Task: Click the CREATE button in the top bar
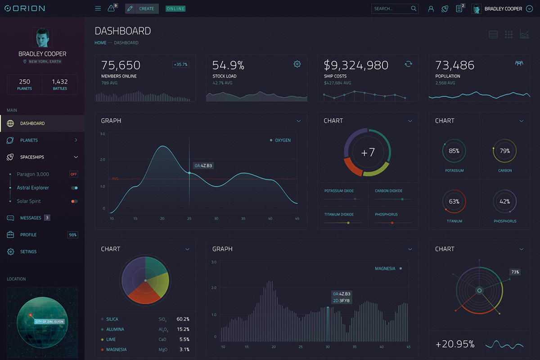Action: point(142,9)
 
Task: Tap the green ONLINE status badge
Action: point(175,9)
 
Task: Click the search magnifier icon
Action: point(414,9)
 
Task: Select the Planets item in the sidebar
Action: point(29,140)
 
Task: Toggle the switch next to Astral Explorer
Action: point(74,188)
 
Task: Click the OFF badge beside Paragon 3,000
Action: point(73,174)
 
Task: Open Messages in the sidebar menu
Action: point(31,218)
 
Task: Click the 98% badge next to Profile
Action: point(72,235)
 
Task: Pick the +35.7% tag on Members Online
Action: point(180,64)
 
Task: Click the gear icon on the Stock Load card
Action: point(297,64)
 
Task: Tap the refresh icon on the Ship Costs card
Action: point(408,64)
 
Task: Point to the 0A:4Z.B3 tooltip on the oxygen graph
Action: point(203,166)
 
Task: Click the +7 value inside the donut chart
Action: point(368,153)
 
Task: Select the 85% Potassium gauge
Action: point(454,151)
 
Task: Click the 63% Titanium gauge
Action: point(454,202)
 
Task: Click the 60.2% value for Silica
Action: point(183,319)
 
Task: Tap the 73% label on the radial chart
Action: point(515,272)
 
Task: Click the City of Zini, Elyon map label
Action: point(50,322)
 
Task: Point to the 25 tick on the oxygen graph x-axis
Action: point(189,219)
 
